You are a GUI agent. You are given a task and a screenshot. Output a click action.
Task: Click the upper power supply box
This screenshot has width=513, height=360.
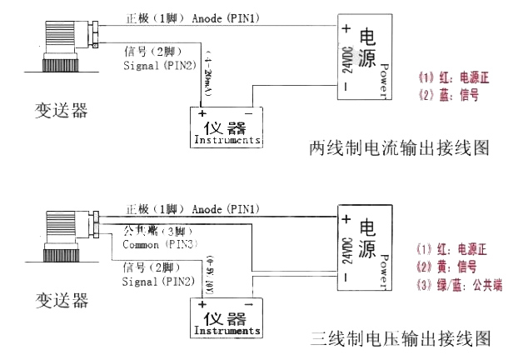tap(363, 55)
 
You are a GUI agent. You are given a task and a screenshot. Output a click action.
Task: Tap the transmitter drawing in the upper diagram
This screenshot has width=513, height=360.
tap(63, 47)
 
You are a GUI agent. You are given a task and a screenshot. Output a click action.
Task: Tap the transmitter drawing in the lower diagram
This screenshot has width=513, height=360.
tap(63, 237)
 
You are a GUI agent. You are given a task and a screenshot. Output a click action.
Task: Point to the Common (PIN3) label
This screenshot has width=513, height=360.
tap(158, 245)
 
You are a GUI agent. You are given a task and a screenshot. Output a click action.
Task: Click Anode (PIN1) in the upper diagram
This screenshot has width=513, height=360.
tap(225, 17)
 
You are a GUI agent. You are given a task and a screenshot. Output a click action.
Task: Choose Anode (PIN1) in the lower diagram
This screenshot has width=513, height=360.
tap(225, 207)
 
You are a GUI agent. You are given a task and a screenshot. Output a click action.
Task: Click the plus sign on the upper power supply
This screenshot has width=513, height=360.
tap(346, 27)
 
